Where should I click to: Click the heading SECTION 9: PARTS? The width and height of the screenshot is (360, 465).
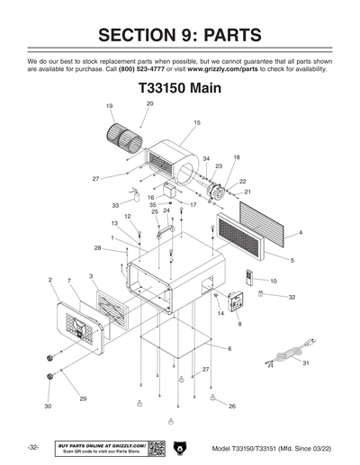coord(180,35)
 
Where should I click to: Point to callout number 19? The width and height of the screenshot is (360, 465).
coord(109,107)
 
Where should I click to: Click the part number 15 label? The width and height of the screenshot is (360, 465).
coord(196,122)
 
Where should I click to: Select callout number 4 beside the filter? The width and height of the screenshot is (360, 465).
coord(300,233)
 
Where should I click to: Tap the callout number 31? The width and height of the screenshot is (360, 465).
coord(305,362)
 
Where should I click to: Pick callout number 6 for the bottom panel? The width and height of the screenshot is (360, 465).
coord(229,348)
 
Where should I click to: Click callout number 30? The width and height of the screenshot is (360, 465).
coord(48,407)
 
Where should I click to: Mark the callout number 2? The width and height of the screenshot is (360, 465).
coord(49,281)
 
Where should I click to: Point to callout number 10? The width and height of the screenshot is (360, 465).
coord(273,282)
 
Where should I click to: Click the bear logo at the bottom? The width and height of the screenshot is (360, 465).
coord(180,447)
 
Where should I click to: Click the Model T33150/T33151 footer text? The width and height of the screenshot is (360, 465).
coord(269,448)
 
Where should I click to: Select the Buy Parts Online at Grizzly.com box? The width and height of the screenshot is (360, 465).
coord(100,447)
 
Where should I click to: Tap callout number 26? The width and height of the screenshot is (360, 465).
coord(231,407)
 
